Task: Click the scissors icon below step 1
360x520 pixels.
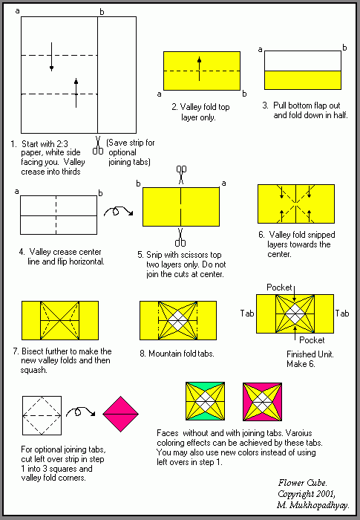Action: (x=98, y=146)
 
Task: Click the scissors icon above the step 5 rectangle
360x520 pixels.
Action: (x=181, y=175)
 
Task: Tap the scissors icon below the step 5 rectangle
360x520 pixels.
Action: (x=180, y=238)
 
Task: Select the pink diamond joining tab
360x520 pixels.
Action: (x=120, y=414)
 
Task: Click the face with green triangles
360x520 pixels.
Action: (x=205, y=401)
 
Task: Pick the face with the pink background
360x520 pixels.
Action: (x=262, y=402)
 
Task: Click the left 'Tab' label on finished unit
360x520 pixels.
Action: (x=247, y=313)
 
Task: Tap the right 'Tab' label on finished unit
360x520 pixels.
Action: (x=341, y=313)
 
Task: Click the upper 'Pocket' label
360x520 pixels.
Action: (x=279, y=287)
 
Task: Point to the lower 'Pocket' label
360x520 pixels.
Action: (x=312, y=340)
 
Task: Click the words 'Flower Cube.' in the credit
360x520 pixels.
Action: (x=302, y=483)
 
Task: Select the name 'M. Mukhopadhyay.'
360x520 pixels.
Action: (x=312, y=505)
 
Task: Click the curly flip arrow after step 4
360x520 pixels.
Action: (x=119, y=211)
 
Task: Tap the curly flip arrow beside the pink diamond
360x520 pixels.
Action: (x=81, y=412)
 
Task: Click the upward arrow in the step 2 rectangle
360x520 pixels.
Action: (x=199, y=68)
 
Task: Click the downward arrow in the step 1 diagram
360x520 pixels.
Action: (x=51, y=56)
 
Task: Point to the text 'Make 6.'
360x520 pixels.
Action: (x=301, y=364)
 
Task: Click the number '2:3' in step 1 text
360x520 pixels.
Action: (x=62, y=144)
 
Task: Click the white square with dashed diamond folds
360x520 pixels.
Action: (x=42, y=415)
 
